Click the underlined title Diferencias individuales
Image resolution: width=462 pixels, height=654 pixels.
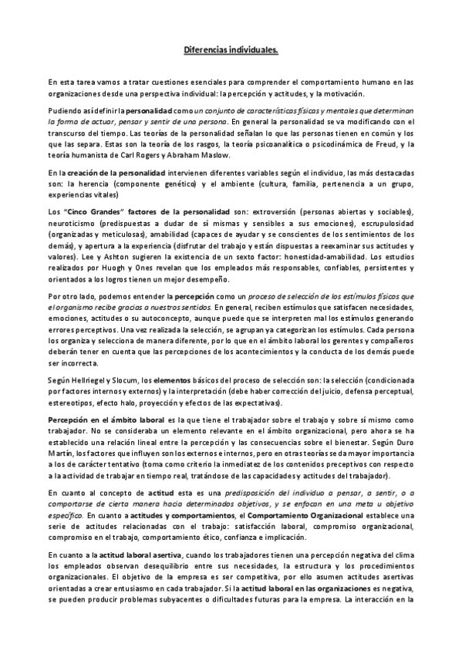(x=231, y=49)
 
